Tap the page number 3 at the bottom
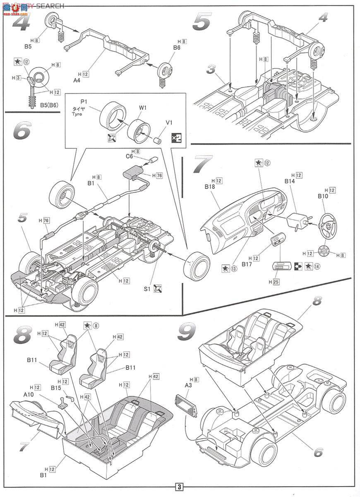coord(179,487)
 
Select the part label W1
coord(143,108)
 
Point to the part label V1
coord(168,123)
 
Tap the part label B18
coord(210,187)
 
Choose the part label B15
coord(56,388)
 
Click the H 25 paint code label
coord(274,282)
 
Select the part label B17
coord(247,263)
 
